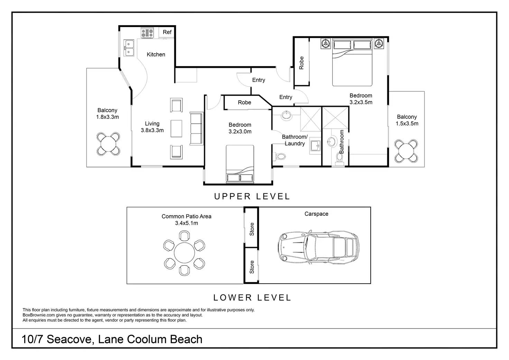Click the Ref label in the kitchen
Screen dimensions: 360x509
click(167, 32)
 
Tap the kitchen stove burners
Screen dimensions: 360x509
click(147, 33)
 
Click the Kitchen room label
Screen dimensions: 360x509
click(156, 55)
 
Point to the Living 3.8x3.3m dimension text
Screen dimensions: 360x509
click(152, 130)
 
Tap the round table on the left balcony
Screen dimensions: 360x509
click(108, 144)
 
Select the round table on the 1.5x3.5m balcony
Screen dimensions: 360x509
click(406, 151)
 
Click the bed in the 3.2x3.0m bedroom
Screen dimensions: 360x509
click(240, 164)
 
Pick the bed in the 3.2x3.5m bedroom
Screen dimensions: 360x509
click(352, 62)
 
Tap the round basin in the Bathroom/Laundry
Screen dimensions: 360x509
click(287, 115)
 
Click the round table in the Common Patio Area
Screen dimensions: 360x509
click(184, 253)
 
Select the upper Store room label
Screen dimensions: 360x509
click(252, 229)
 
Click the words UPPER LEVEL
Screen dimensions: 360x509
click(252, 196)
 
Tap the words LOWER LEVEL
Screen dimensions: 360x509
click(252, 297)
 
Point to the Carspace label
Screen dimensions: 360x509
click(316, 214)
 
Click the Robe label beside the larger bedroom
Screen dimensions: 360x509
click(302, 63)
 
